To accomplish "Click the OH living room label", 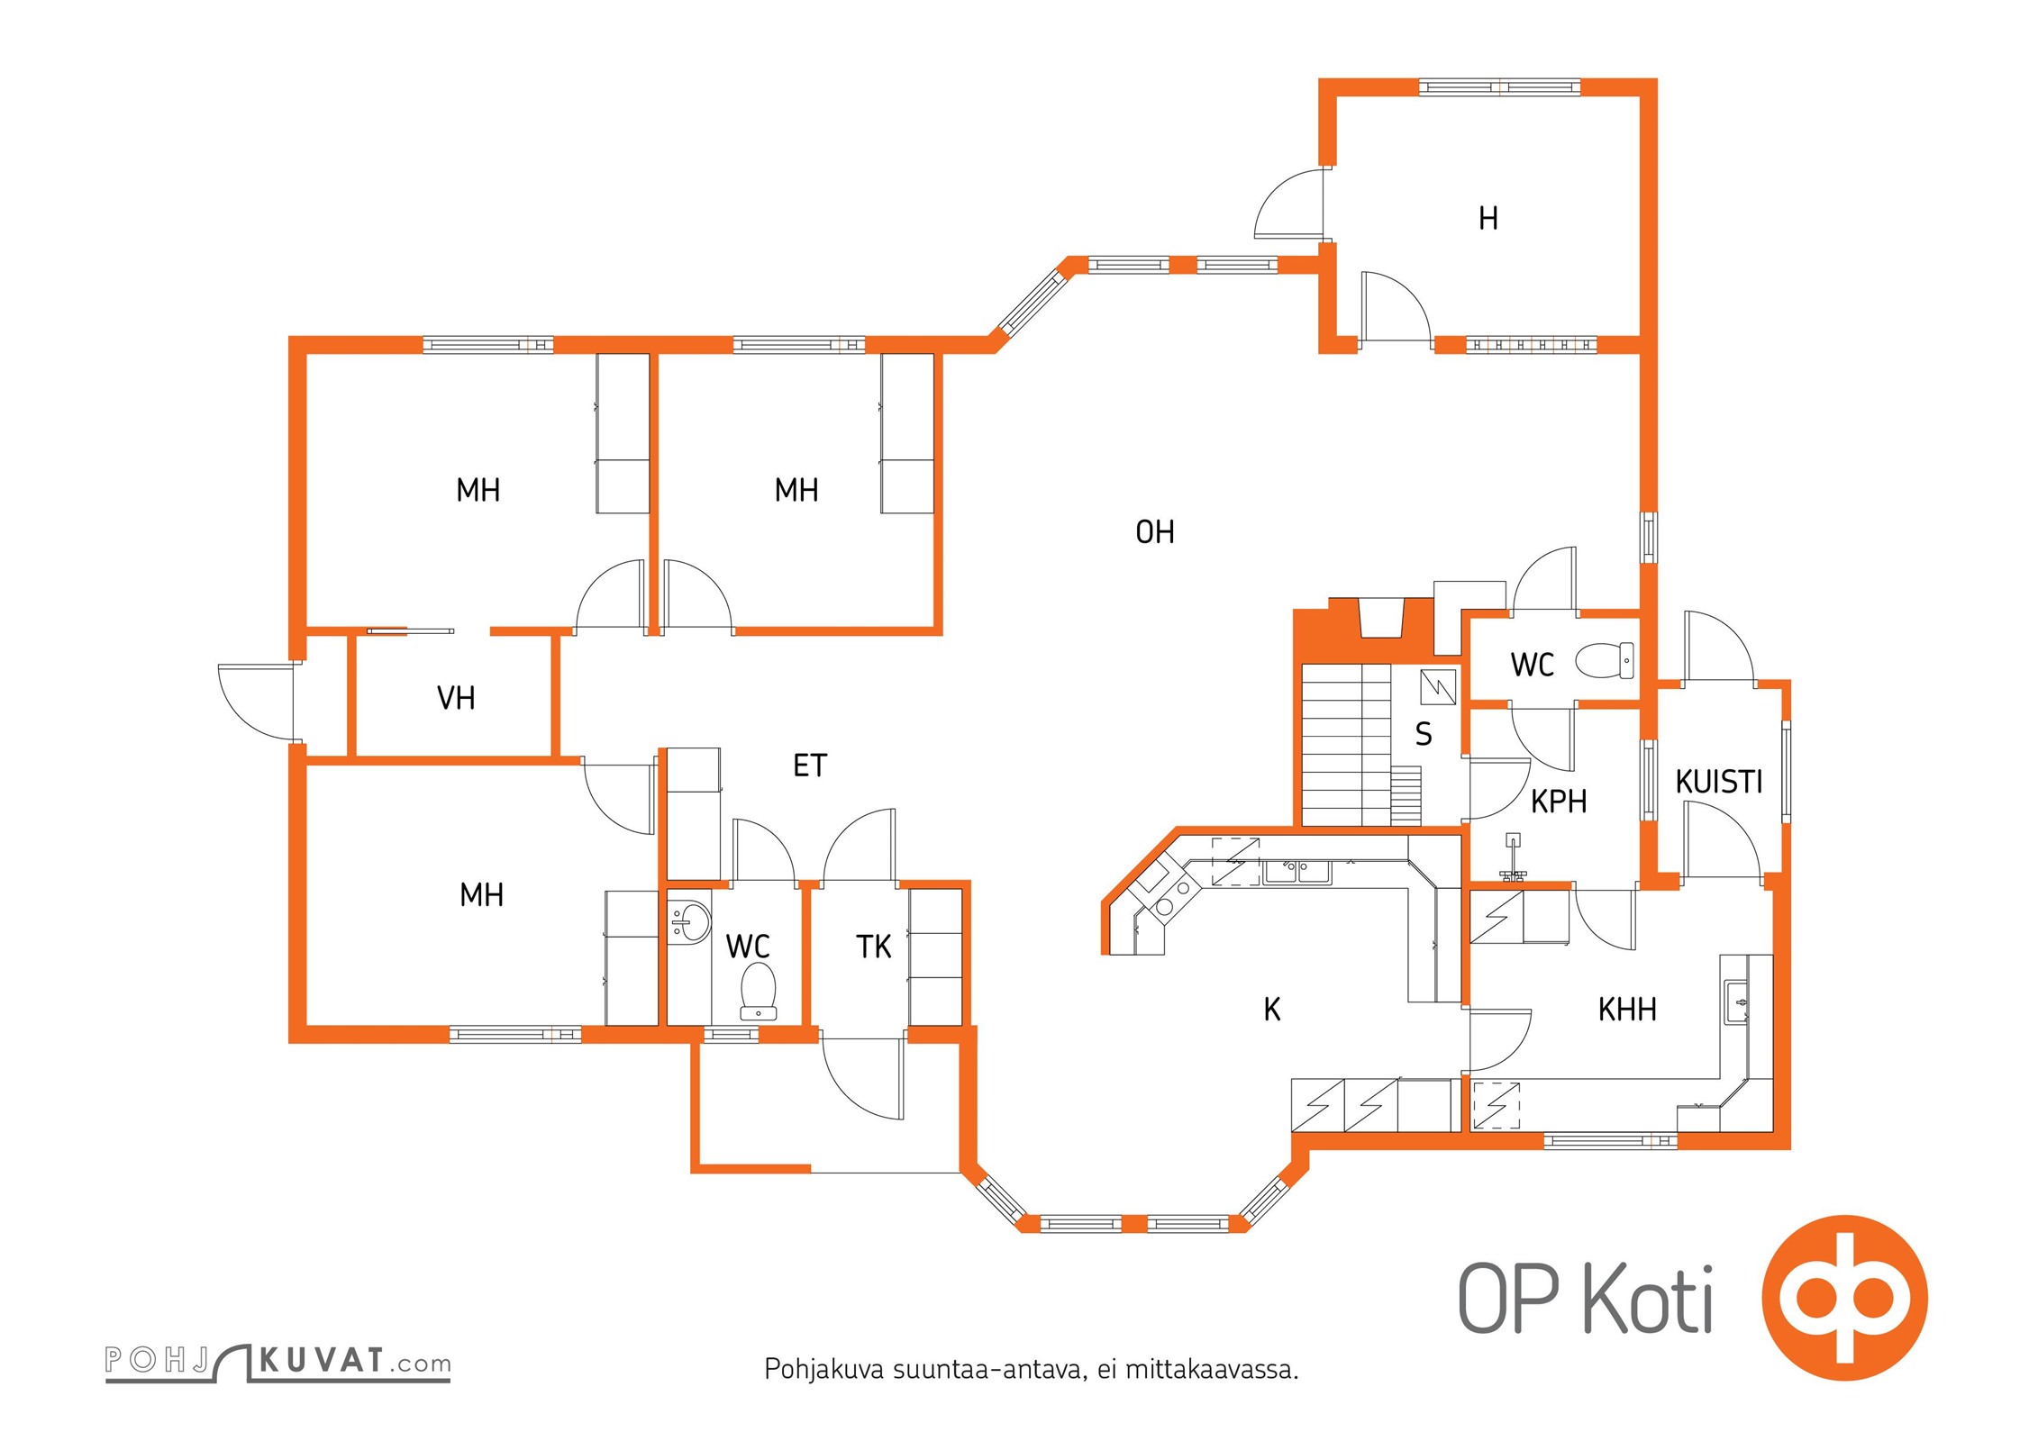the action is [x=1154, y=532].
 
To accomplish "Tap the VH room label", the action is [x=456, y=698].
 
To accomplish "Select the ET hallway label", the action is [x=809, y=766].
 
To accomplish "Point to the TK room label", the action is [x=873, y=947].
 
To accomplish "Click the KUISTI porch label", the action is [x=1718, y=782].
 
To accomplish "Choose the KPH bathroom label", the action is [x=1559, y=801].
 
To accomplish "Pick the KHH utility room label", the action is [x=1627, y=1010].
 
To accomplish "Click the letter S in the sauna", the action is [x=1424, y=734].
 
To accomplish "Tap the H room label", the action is [x=1488, y=218].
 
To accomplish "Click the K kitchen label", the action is [x=1272, y=1010].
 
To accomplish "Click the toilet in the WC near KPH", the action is [x=1605, y=660].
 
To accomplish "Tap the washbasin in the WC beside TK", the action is [x=690, y=922].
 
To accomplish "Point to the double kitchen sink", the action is [x=1296, y=871].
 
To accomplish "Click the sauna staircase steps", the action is [x=1346, y=745].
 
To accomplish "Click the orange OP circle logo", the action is [x=1844, y=1298].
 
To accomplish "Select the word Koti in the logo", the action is [x=1648, y=1298].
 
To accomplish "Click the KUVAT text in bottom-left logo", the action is [x=321, y=1361].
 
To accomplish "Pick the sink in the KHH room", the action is [x=1735, y=1002].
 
